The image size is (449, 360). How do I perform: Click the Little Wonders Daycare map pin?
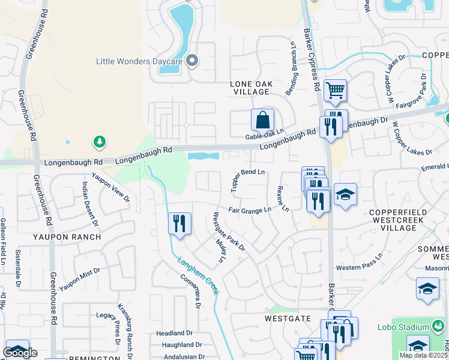tap(192, 61)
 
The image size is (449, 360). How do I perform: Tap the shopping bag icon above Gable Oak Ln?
tap(263, 119)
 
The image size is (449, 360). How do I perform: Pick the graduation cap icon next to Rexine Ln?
tap(345, 194)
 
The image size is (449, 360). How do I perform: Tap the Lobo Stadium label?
tap(403, 328)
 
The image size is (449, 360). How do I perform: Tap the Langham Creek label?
tap(196, 275)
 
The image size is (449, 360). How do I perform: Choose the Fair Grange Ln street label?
tap(250, 210)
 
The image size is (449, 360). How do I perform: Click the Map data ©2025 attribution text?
tap(423, 355)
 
